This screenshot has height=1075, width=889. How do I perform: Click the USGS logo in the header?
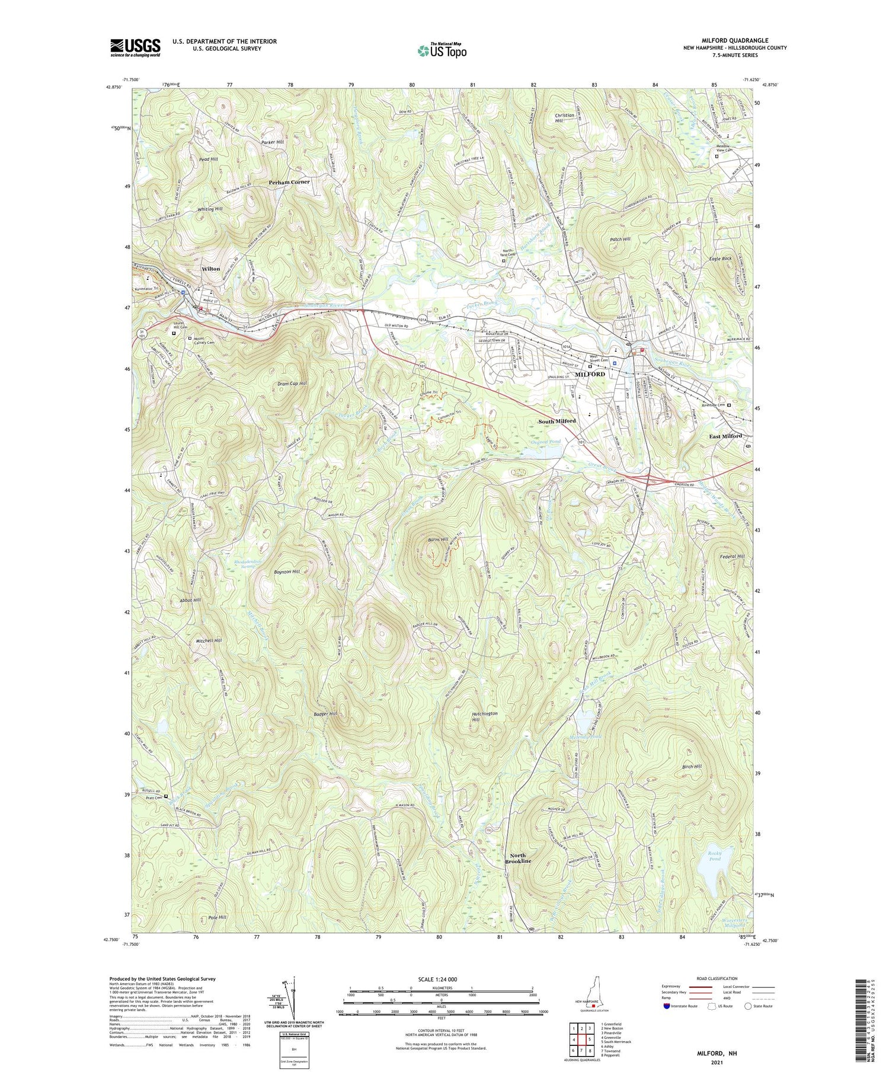click(x=135, y=47)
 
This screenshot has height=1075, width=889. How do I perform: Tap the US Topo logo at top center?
click(x=442, y=51)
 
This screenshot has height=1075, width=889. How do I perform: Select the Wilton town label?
click(x=210, y=269)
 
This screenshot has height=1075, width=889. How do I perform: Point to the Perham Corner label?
click(x=289, y=182)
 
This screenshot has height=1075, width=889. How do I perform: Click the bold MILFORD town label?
click(x=590, y=374)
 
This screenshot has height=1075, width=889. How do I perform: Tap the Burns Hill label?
click(x=437, y=540)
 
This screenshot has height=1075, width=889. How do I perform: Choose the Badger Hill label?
click(x=325, y=714)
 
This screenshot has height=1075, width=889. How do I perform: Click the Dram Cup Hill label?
click(x=292, y=384)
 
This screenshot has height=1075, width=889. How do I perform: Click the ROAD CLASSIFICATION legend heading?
click(x=712, y=978)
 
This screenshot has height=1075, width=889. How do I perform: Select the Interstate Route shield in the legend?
click(x=667, y=1006)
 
